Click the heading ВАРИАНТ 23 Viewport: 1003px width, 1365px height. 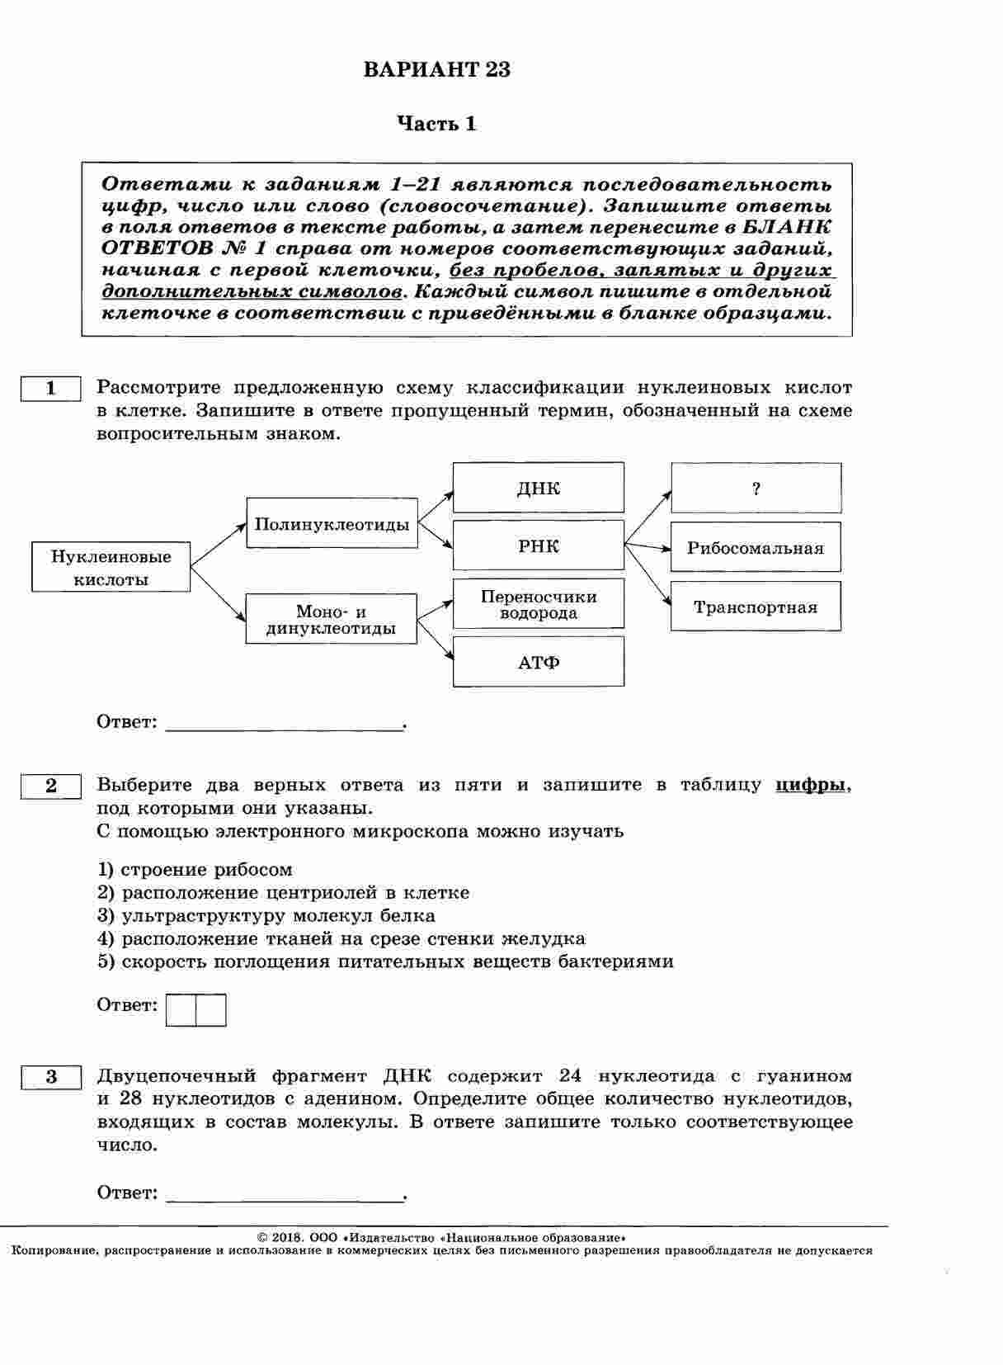pyautogui.click(x=437, y=70)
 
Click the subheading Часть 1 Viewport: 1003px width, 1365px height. pyautogui.click(x=437, y=125)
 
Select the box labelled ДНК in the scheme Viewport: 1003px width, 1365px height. pyautogui.click(x=538, y=488)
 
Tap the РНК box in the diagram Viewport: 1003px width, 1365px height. pyautogui.click(x=538, y=546)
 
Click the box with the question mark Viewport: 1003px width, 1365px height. pyautogui.click(x=756, y=488)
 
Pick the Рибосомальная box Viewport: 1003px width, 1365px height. pyautogui.click(x=756, y=547)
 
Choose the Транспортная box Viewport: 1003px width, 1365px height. pyautogui.click(x=756, y=607)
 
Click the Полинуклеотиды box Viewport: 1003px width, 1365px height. pyautogui.click(x=332, y=523)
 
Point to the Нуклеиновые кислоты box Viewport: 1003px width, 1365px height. pyautogui.click(x=111, y=567)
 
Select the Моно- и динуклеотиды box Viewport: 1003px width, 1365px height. pyautogui.click(x=331, y=619)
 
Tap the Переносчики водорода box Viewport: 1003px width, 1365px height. pyautogui.click(x=538, y=604)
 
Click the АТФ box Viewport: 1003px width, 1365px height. pyautogui.click(x=538, y=662)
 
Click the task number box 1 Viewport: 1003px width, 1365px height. pyautogui.click(x=50, y=388)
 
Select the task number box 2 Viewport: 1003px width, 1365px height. pyautogui.click(x=50, y=786)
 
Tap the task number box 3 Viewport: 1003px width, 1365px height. pyautogui.click(x=50, y=1076)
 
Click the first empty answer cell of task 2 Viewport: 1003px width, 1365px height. pyautogui.click(x=181, y=1010)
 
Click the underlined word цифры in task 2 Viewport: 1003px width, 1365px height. pyautogui.click(x=810, y=785)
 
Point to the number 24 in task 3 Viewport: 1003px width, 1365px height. pyautogui.click(x=570, y=1075)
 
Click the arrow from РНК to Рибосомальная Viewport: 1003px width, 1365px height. pyautogui.click(x=647, y=546)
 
